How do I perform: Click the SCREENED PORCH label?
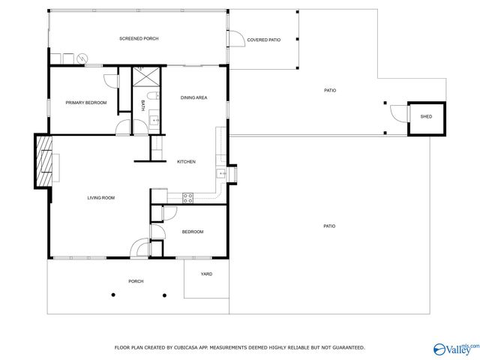point(139,38)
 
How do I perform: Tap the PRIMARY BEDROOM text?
point(85,102)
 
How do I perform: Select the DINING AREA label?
point(193,97)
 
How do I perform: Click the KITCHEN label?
point(186,162)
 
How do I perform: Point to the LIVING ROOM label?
point(100,197)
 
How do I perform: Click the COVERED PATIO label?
point(263,39)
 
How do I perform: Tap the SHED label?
point(425,117)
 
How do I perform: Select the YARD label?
point(206,274)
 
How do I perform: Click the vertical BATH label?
point(142,106)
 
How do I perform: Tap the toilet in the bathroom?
point(152,96)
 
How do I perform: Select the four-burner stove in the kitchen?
point(188,197)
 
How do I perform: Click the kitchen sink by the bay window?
point(222,174)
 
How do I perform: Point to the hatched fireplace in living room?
point(45,160)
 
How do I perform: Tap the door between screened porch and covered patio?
point(235,39)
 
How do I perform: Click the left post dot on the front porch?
point(113,295)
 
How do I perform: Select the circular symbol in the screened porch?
point(82,58)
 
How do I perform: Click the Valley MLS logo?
point(455,348)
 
